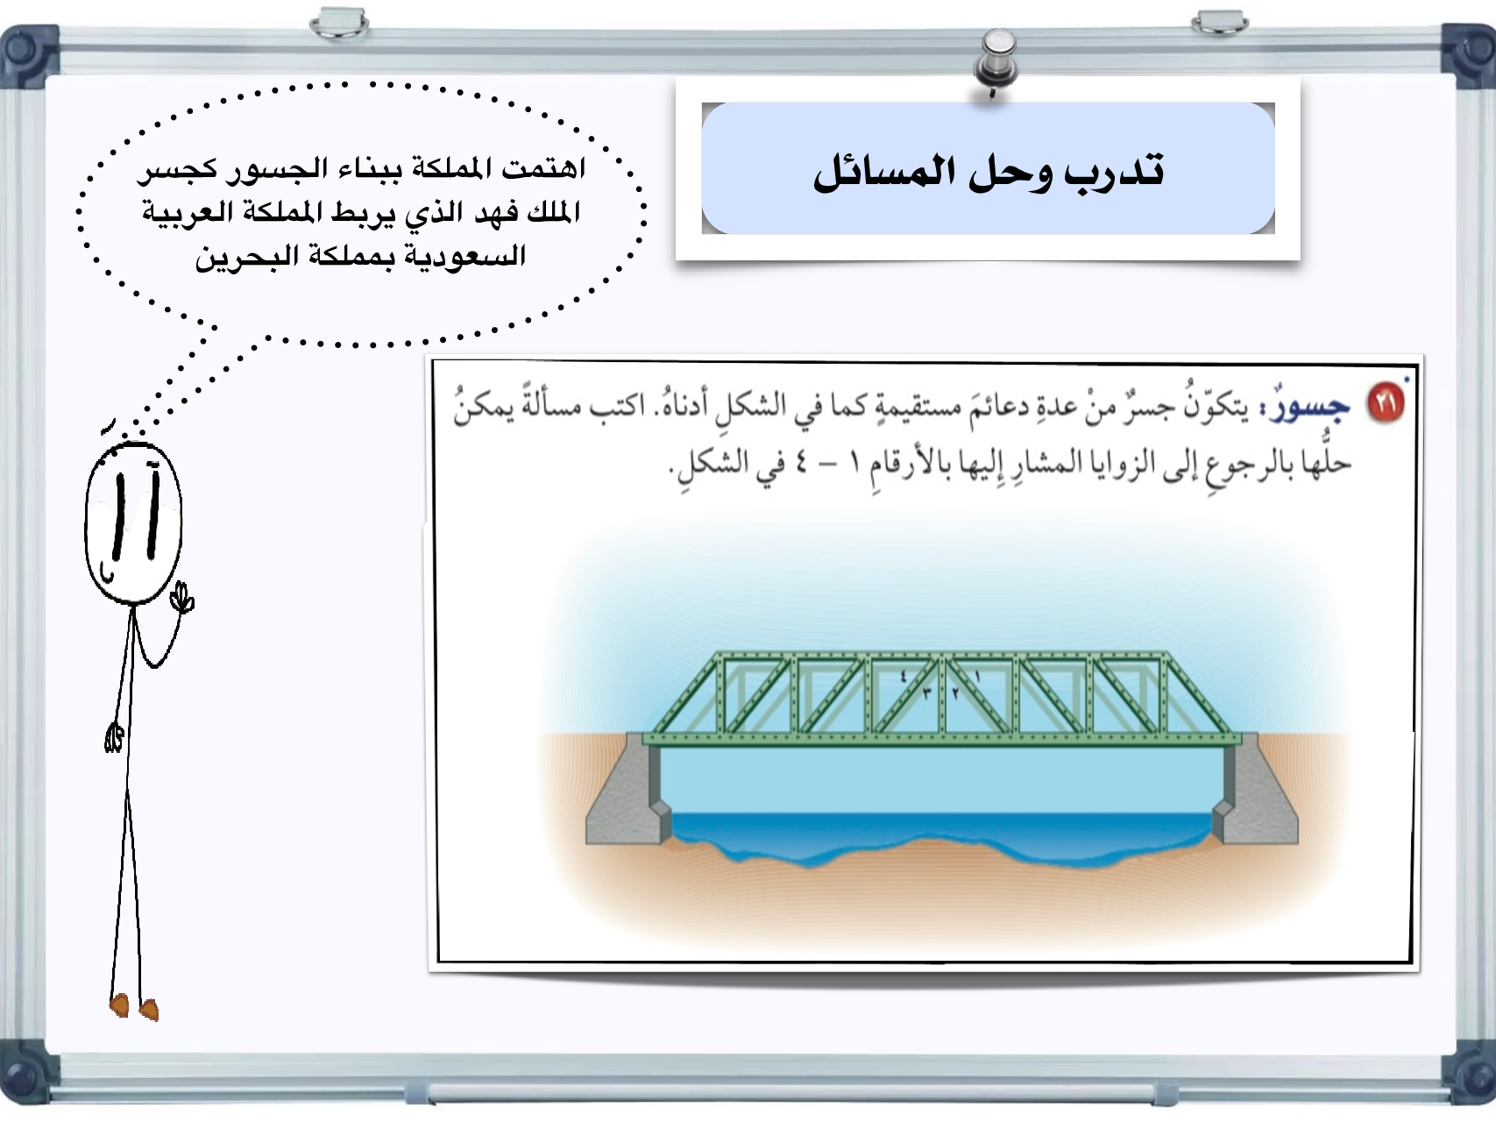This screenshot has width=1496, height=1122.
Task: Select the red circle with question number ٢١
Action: (x=1386, y=403)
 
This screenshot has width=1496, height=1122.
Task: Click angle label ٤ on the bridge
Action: (x=904, y=677)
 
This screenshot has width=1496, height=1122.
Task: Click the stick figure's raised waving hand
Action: (x=182, y=598)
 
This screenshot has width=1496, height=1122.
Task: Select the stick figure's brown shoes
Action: (x=134, y=1007)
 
